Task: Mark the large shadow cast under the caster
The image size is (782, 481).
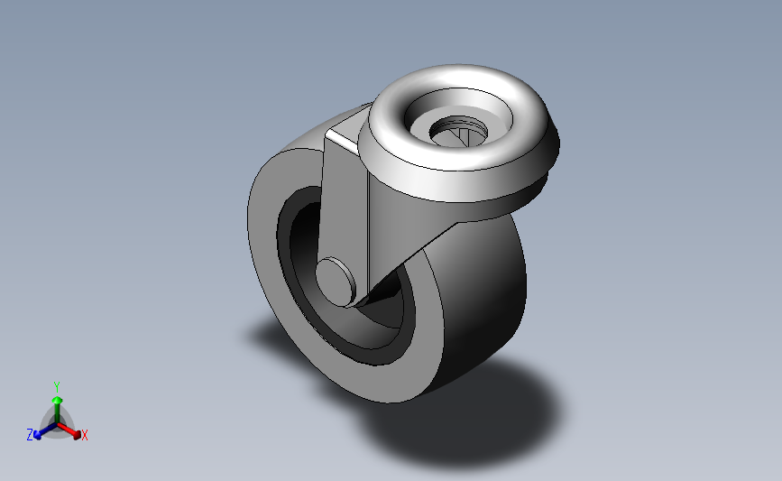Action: [469, 415]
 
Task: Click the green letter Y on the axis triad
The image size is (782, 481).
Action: [56, 385]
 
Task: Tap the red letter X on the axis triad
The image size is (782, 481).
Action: [85, 436]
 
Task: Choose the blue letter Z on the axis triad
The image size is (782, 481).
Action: [30, 435]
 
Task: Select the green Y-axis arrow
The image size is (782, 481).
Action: [57, 402]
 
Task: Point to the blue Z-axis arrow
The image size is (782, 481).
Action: [41, 431]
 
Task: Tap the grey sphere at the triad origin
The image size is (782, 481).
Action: [57, 422]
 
